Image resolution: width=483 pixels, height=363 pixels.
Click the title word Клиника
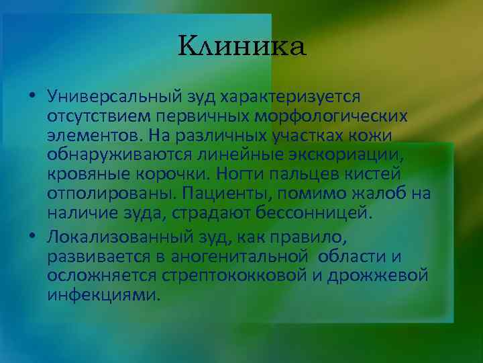(x=242, y=46)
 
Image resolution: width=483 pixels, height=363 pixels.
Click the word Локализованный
(x=121, y=237)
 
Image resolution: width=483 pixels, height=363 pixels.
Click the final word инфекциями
(x=103, y=294)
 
